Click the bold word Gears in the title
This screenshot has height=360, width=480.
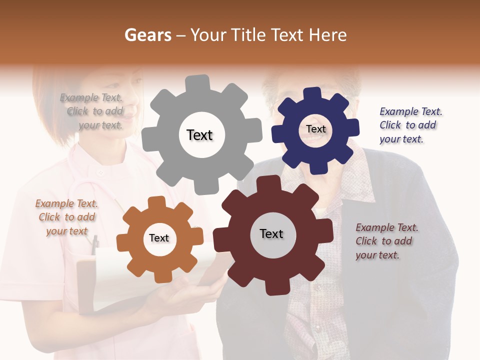point(148,35)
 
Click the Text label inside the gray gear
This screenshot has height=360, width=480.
point(199,135)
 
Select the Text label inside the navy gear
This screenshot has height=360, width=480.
point(315,129)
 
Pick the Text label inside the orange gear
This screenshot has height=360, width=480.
point(159,238)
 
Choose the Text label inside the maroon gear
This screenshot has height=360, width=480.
point(271,233)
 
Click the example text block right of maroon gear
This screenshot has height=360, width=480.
point(385,241)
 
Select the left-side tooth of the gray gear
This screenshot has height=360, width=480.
point(148,139)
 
